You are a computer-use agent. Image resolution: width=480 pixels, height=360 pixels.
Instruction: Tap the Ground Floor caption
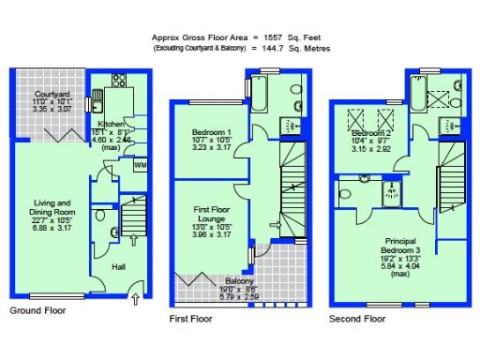(37, 309)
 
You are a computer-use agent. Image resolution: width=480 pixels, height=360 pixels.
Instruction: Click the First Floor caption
(192, 319)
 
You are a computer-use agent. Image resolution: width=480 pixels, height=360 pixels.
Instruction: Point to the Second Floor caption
(357, 319)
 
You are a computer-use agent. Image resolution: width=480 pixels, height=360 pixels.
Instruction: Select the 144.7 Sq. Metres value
(292, 48)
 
